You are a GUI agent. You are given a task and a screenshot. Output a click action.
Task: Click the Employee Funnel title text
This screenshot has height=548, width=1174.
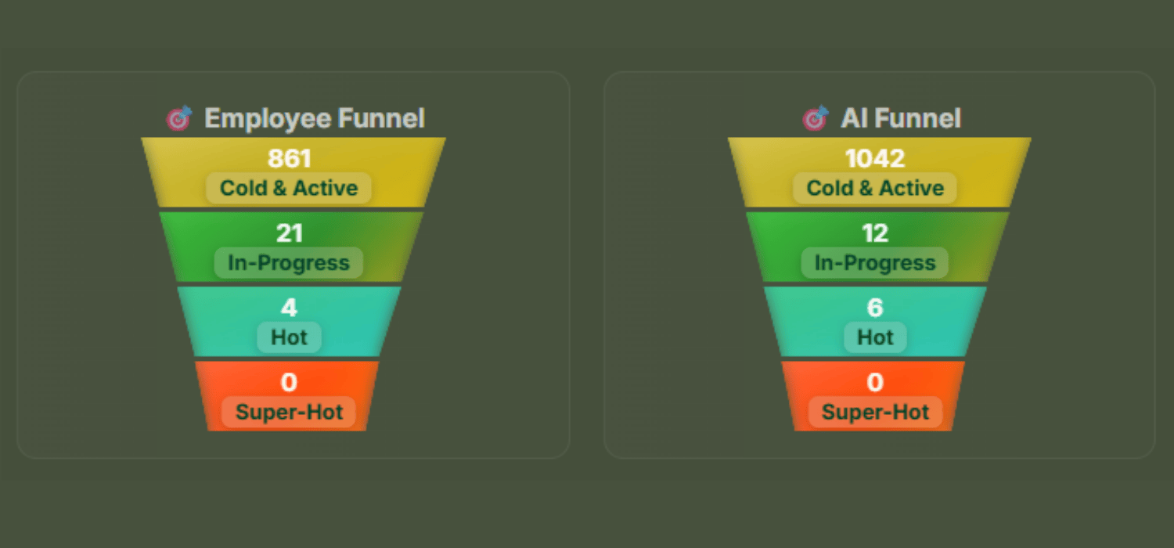pyautogui.click(x=314, y=119)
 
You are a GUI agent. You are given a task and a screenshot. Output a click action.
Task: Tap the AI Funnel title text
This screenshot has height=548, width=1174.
pyautogui.click(x=900, y=119)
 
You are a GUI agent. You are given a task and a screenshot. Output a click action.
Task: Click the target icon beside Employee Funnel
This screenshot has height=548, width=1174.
pyautogui.click(x=179, y=119)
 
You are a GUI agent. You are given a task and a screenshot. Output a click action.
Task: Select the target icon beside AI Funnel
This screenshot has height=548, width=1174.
pyautogui.click(x=816, y=119)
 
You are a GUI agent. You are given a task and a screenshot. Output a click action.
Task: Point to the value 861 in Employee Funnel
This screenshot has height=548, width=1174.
pyautogui.click(x=289, y=159)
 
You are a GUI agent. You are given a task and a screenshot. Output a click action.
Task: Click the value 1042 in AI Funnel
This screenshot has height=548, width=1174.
pyautogui.click(x=875, y=159)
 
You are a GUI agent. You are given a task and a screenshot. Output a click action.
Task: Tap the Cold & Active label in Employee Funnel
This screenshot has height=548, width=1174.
pyautogui.click(x=289, y=188)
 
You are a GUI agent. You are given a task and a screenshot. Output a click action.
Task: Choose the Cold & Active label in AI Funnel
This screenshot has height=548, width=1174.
pyautogui.click(x=875, y=188)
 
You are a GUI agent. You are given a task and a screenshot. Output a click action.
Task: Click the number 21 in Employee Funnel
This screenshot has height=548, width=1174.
pyautogui.click(x=289, y=233)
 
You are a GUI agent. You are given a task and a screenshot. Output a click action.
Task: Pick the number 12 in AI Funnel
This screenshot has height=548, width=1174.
pyautogui.click(x=875, y=233)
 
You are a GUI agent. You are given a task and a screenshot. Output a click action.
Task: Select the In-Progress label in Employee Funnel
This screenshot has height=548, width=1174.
pyautogui.click(x=289, y=263)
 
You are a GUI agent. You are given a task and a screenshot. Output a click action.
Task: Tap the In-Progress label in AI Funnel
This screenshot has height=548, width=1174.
pyautogui.click(x=875, y=263)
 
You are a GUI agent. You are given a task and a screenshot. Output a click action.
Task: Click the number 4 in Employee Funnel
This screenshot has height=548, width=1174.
pyautogui.click(x=289, y=308)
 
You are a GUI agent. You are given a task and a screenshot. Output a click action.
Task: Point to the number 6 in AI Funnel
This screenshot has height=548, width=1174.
pyautogui.click(x=875, y=308)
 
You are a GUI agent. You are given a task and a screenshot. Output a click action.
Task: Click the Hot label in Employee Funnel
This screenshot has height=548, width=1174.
pyautogui.click(x=289, y=337)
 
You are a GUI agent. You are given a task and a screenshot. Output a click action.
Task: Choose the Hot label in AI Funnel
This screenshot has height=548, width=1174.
pyautogui.click(x=875, y=337)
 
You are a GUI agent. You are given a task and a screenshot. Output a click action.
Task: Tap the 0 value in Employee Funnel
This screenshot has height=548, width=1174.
pyautogui.click(x=289, y=383)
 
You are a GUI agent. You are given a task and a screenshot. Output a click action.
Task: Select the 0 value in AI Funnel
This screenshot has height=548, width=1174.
pyautogui.click(x=875, y=383)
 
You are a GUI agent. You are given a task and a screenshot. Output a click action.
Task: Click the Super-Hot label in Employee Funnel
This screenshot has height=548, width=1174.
pyautogui.click(x=289, y=413)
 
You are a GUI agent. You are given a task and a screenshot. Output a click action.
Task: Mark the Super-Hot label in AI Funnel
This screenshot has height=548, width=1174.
pyautogui.click(x=875, y=413)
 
